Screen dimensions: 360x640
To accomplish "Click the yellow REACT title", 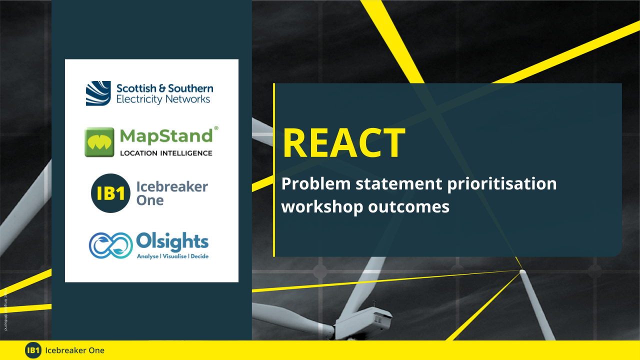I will (344, 143).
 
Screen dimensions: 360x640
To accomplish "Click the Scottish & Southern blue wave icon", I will (98, 93).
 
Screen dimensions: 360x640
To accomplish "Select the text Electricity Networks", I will (163, 99).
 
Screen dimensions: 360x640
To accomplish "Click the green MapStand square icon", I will (99, 142).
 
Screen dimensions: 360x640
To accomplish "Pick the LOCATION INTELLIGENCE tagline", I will (166, 153).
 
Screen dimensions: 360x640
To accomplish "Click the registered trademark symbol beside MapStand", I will (216, 128).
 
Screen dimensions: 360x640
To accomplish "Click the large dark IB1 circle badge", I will (110, 193).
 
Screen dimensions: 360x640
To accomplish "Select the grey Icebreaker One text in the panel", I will (171, 193).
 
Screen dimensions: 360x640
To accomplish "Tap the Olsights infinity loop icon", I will (110, 245).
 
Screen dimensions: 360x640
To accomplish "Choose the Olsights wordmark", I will (172, 241).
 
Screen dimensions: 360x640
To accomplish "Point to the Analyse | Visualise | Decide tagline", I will (172, 256).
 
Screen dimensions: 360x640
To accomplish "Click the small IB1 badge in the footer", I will (33, 350).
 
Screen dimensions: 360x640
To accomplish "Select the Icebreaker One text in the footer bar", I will (74, 350).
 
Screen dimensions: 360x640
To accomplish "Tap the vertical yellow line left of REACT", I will (274, 170).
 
